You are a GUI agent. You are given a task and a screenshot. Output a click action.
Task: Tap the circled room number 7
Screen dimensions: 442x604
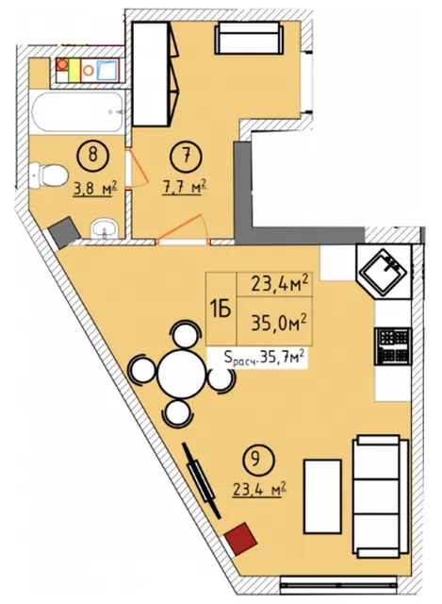tap(186, 156)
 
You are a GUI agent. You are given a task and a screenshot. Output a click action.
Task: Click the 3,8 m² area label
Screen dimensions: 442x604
tap(94, 189)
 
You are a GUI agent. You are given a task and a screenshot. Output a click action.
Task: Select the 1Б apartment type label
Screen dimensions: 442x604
tap(220, 309)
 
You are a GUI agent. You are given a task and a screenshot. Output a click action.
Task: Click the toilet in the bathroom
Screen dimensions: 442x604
tap(46, 176)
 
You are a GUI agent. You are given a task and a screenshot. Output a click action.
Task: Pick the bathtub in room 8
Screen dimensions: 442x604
tap(78, 111)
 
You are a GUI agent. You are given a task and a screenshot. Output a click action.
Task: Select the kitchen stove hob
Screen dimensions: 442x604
tap(393, 346)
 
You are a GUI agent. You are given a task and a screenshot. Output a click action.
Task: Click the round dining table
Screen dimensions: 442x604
tap(183, 374)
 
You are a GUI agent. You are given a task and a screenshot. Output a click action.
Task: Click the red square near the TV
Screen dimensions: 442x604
tap(241, 539)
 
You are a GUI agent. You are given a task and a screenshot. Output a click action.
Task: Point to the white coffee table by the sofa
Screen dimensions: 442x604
tap(322, 496)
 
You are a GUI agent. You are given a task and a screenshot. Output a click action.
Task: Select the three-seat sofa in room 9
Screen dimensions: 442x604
tap(381, 496)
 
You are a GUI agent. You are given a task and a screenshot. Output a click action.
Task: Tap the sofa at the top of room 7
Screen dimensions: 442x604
tap(249, 38)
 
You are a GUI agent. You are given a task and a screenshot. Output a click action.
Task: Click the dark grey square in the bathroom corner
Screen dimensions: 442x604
tap(64, 232)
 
